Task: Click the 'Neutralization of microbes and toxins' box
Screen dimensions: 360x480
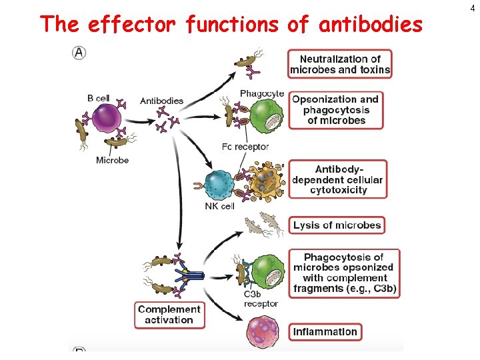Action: coord(340,64)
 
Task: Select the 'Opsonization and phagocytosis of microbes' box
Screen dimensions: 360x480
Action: coord(337,109)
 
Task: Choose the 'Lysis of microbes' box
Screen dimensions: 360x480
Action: coord(337,225)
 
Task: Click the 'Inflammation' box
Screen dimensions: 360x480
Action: coord(325,331)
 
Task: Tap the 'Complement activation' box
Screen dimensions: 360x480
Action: coord(169,315)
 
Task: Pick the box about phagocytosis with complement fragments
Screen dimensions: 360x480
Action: coord(345,273)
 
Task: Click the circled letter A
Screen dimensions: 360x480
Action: coord(79,53)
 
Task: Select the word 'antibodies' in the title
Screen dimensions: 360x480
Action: coord(371,25)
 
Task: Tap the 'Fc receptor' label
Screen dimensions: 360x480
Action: coord(245,147)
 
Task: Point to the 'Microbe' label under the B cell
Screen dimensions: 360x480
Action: coord(112,160)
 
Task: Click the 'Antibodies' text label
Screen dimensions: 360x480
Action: coord(161,101)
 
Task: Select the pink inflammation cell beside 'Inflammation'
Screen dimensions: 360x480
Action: coord(265,331)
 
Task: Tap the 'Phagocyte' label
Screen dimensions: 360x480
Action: coord(262,93)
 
